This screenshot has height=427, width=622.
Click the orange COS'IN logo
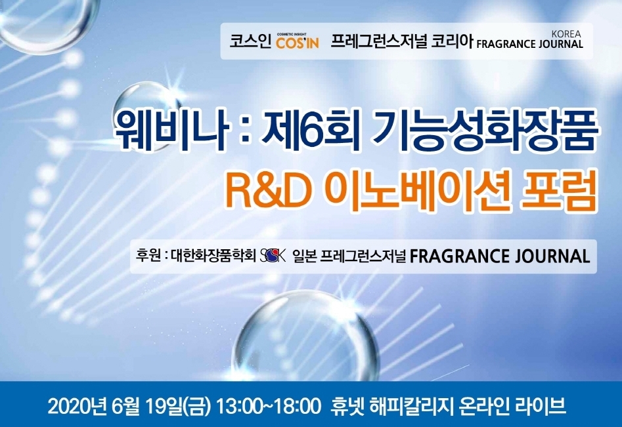coord(298,41)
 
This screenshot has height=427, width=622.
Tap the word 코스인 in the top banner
coord(250,41)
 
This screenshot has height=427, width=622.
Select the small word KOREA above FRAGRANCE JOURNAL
coord(566,34)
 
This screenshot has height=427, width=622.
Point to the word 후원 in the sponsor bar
coord(147,256)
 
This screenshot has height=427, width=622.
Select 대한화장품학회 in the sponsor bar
coord(213,256)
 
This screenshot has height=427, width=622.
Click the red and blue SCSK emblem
coord(273,256)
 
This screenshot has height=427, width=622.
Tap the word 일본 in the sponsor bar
coord(305,256)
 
